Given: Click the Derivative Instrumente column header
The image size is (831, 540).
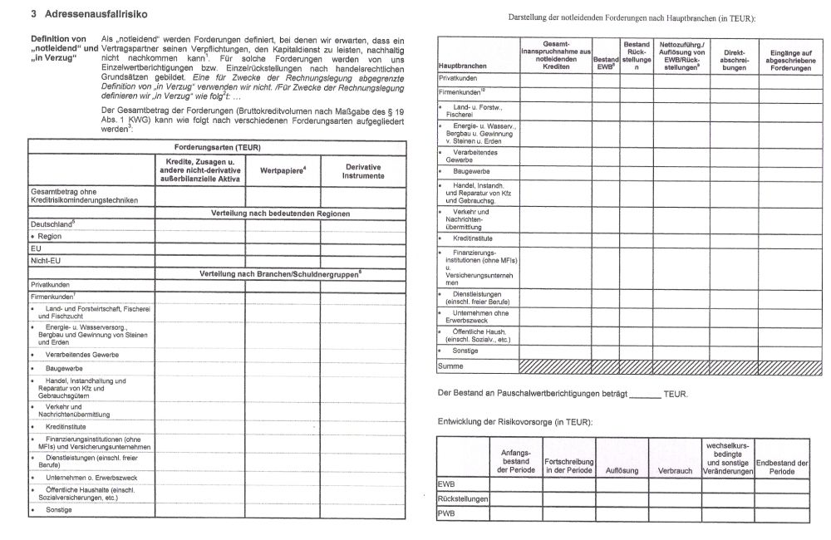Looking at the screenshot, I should pyautogui.click(x=363, y=172).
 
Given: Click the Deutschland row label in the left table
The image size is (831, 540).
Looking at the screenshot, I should pyautogui.click(x=52, y=223).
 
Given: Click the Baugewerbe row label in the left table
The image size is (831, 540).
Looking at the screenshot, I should pyautogui.click(x=64, y=366).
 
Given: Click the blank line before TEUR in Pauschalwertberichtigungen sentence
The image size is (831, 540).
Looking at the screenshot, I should pyautogui.click(x=645, y=394).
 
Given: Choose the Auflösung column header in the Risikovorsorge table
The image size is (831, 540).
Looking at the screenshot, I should pyautogui.click(x=622, y=470).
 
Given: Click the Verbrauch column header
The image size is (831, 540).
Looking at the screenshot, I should pyautogui.click(x=675, y=470).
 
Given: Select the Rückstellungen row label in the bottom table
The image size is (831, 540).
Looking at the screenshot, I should pyautogui.click(x=462, y=498).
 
